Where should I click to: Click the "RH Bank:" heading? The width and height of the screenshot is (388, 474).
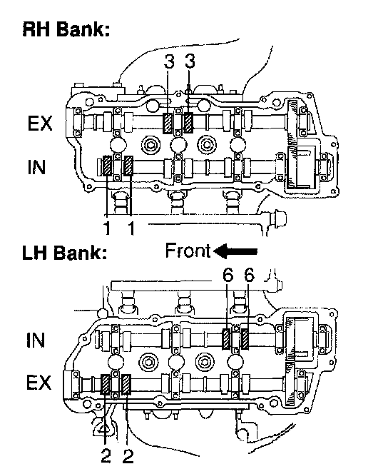click(x=66, y=30)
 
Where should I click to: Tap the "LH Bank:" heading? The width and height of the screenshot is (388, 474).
click(x=65, y=253)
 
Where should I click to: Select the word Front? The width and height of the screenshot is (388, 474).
click(x=188, y=251)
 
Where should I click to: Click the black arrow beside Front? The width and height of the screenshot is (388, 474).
click(x=235, y=251)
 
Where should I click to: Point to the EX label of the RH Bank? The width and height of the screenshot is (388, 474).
click(x=40, y=123)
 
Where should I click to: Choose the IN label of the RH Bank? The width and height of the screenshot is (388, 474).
click(x=36, y=167)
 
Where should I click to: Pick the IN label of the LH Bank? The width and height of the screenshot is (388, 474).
click(x=36, y=340)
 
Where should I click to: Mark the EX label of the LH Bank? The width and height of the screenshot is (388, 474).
click(x=39, y=383)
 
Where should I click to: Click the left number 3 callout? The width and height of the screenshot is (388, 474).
click(x=169, y=61)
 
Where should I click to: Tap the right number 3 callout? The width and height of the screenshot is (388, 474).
click(x=190, y=61)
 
